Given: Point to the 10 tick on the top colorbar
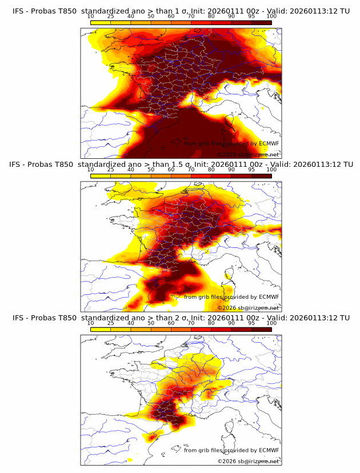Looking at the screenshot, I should point(91,17).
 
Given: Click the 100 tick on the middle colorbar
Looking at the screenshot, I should point(271,170).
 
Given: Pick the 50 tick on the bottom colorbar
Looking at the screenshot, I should point(151,323).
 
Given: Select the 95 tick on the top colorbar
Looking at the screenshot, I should point(251,17).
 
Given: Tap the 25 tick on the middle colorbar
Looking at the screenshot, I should point(111,170).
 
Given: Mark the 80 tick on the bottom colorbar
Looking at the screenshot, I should point(211,323).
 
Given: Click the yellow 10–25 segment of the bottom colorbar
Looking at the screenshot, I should point(101,329).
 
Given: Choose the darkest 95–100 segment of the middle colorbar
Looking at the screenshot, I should point(262,176).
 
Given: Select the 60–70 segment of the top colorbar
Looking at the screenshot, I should point(181,23).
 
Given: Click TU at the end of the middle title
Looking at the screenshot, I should point(344,165).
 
